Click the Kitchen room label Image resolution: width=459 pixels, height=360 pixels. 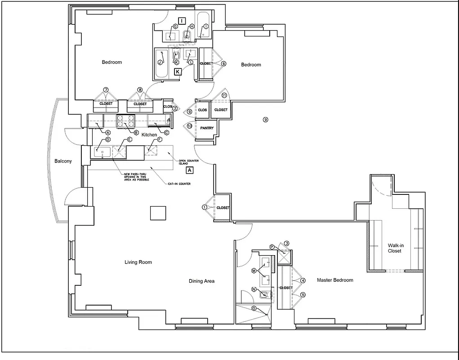tap(149, 135)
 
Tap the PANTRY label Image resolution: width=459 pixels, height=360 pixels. tap(207, 128)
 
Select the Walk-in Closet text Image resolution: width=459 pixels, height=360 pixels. tap(394, 248)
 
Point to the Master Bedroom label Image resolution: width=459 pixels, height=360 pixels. tap(335, 280)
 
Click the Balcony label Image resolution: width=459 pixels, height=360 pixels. tap(63, 161)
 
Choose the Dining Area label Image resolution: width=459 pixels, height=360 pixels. tap(201, 281)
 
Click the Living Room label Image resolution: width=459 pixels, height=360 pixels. tap(138, 262)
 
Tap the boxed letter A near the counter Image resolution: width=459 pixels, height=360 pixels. tap(190, 171)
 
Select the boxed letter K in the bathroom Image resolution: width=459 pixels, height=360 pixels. tap(178, 72)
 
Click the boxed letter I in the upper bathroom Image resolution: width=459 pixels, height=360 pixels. tap(182, 21)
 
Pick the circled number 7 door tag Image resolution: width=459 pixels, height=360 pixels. tap(106, 90)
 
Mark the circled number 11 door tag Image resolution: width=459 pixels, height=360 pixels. tap(224, 95)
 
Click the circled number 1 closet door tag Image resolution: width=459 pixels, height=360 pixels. tap(205, 207)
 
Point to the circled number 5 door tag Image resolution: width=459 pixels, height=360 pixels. tap(303, 295)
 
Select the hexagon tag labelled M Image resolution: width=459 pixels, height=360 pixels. tap(254, 271)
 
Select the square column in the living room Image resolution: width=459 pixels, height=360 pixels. tap(158, 212)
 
